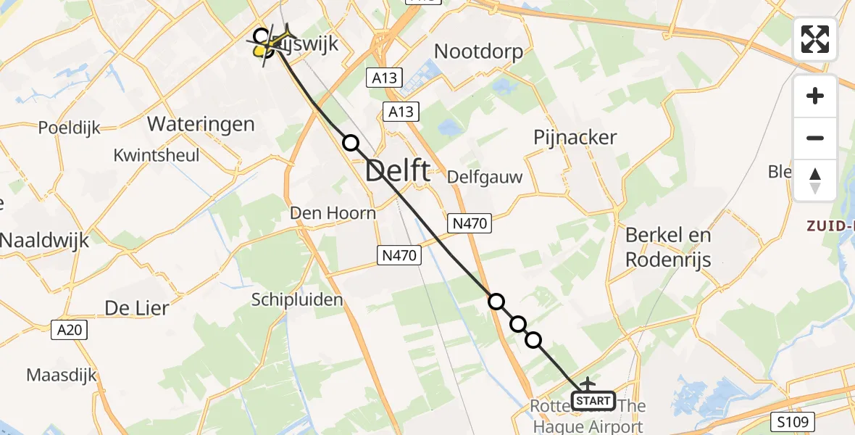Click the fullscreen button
click(x=815, y=39)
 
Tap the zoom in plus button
click(x=815, y=96)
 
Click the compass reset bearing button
click(x=815, y=180)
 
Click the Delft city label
click(x=398, y=172)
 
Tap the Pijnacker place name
click(x=575, y=137)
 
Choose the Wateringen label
click(x=201, y=123)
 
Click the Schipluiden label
click(x=297, y=299)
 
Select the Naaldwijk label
click(x=44, y=240)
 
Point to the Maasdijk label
click(x=62, y=375)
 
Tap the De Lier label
click(x=137, y=307)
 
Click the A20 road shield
click(x=70, y=330)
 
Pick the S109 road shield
click(x=793, y=421)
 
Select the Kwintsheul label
click(x=157, y=155)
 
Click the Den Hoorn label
click(x=333, y=213)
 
